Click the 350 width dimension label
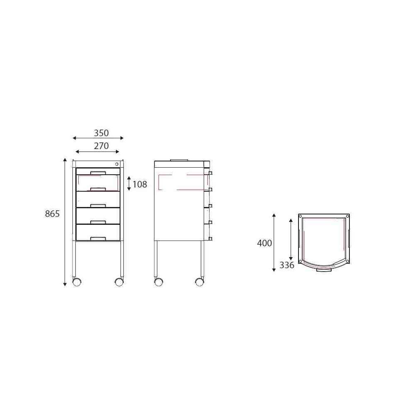[101, 133]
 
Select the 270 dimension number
[101, 146]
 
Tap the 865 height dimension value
[52, 214]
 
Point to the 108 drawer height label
[140, 184]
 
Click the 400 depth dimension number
[264, 243]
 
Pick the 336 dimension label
[287, 265]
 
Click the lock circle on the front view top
[117, 164]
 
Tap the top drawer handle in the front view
[98, 173]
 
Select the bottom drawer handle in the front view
[98, 239]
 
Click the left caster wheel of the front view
[77, 282]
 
